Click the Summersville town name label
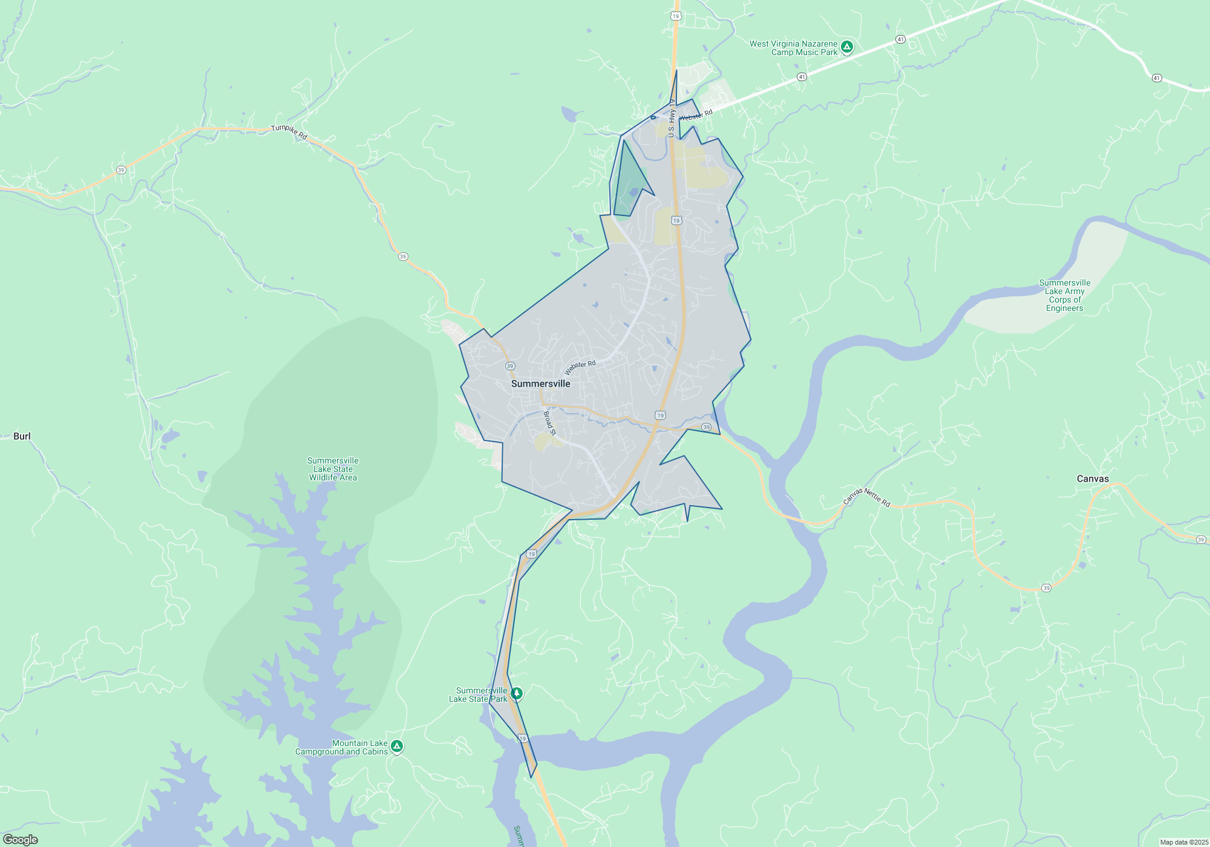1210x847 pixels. point(540,384)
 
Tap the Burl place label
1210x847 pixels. point(22,436)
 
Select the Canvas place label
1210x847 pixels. point(1093,479)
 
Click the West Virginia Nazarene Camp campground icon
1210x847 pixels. point(847,47)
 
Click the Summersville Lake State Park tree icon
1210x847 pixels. point(516,693)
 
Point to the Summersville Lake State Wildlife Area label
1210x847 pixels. point(333,469)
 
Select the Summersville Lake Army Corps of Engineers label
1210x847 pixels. point(1065,295)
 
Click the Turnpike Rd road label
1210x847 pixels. point(289,132)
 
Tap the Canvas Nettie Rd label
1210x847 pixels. point(866,497)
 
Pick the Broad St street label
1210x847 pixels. point(549,423)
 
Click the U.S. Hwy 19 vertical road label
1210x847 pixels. point(672,119)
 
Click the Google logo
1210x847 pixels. point(21,840)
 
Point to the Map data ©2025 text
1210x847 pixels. point(1184,842)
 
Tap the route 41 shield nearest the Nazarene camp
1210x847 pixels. point(900,39)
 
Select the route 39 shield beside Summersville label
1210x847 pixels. point(510,366)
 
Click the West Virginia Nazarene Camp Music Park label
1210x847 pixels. point(793,48)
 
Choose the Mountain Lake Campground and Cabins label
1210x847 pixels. point(341,747)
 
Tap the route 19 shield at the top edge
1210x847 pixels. point(676,16)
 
